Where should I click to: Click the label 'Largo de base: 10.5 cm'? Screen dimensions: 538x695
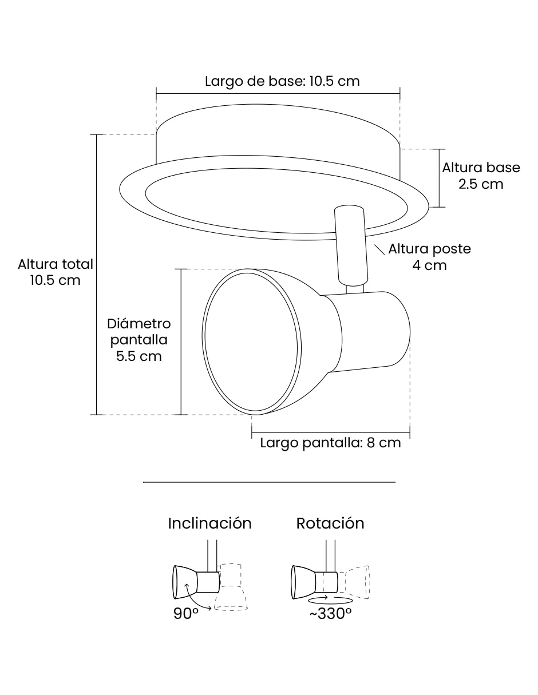coord(282,81)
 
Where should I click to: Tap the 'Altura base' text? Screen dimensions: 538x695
coord(481,168)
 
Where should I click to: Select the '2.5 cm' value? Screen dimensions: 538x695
coord(481,184)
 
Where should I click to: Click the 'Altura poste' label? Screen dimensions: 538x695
coord(429,249)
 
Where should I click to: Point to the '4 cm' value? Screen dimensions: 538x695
coord(429,265)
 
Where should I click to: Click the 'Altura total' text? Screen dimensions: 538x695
coord(56,264)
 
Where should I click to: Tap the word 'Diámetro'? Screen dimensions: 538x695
coord(139,324)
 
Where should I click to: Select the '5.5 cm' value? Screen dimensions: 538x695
coord(139,356)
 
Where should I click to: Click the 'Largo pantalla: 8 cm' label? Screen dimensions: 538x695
coord(330,443)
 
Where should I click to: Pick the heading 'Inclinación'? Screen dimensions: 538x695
coord(210,523)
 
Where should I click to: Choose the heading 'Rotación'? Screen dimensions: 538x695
coord(330,523)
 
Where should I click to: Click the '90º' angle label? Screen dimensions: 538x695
coord(186,613)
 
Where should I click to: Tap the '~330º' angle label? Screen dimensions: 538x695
coord(330,613)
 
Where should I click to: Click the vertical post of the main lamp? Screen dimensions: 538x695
coord(351,245)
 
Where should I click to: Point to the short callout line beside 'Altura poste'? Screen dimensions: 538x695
coord(379,249)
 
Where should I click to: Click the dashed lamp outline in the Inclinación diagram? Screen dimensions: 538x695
coord(231,587)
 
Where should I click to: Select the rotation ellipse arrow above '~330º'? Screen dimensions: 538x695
coord(330,599)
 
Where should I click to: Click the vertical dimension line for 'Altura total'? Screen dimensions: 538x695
coord(96,275)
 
